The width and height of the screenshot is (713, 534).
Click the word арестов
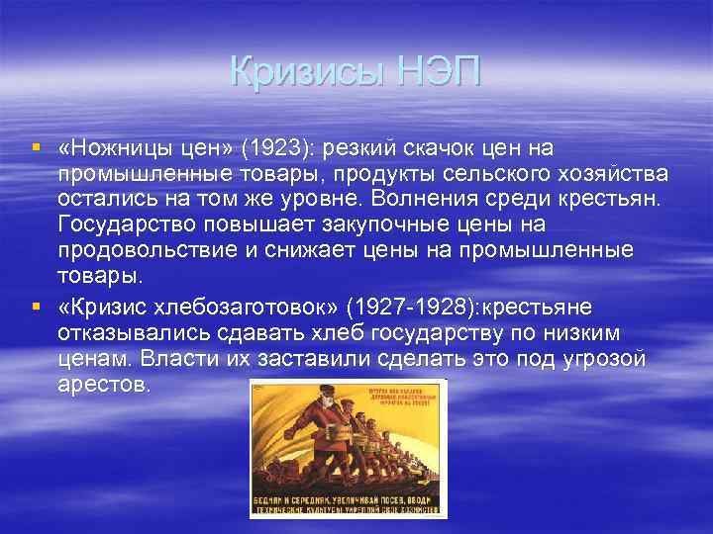104,382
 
